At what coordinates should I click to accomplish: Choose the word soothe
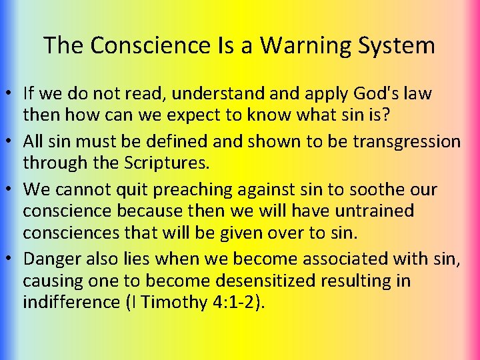[x=375, y=189]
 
